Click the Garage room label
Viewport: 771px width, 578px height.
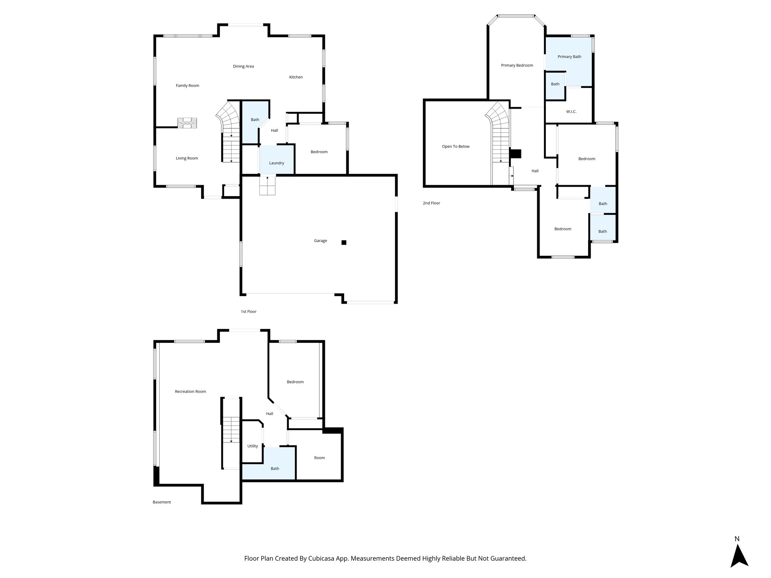[320, 241]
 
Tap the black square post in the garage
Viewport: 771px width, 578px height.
[344, 243]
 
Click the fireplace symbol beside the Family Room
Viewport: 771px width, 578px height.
[187, 123]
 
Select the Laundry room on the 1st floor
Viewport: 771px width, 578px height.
[276, 163]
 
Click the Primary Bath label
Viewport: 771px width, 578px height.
[569, 57]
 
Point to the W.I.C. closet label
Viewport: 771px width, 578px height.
[571, 112]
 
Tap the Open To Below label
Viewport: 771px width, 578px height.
[456, 146]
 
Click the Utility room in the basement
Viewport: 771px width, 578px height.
[253, 446]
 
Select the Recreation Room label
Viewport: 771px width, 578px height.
[190, 392]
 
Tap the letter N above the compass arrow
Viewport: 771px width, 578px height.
[737, 539]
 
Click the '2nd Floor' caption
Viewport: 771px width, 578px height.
[431, 203]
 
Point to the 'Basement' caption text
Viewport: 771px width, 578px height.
[162, 502]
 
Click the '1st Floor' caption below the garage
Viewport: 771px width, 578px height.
[248, 312]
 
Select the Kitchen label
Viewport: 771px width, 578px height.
[296, 77]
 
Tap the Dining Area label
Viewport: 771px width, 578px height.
[243, 67]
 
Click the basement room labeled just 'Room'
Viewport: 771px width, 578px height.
[319, 458]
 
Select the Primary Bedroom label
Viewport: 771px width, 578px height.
[517, 65]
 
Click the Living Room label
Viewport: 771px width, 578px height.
[187, 158]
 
